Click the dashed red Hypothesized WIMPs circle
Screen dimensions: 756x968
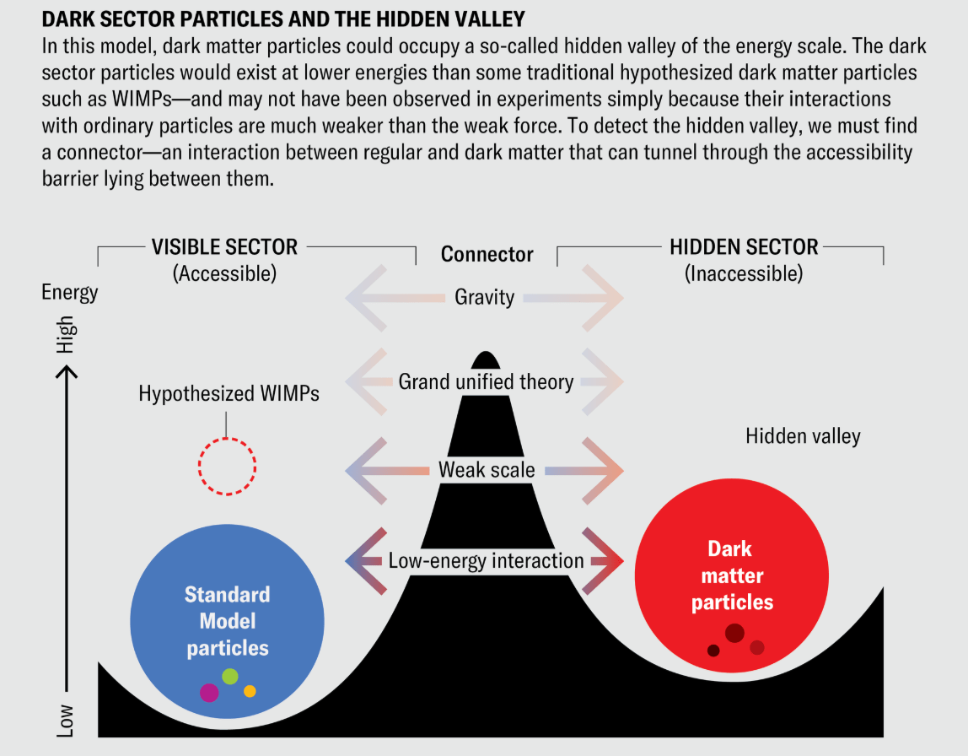227,466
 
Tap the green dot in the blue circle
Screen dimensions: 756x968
230,676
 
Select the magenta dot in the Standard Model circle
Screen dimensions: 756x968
209,692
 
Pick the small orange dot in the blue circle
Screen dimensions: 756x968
250,691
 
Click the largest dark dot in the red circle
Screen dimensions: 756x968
734,633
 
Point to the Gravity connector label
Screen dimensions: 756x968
484,297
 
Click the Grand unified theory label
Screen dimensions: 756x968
486,381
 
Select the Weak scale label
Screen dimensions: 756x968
487,470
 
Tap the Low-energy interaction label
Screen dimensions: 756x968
486,560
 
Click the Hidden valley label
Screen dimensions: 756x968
803,436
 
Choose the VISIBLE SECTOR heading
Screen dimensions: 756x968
224,247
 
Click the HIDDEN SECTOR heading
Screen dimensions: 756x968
744,247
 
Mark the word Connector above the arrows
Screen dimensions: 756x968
487,254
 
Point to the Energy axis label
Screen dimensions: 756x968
70,293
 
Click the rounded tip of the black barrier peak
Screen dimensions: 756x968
486,355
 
